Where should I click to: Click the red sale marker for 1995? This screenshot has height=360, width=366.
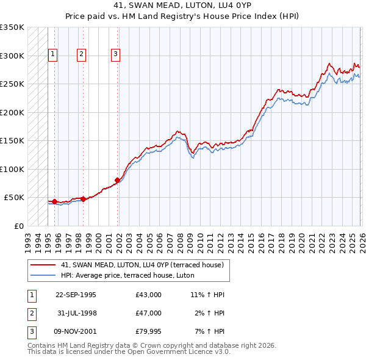click(x=54, y=201)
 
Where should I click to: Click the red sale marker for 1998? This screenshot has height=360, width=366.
click(x=83, y=199)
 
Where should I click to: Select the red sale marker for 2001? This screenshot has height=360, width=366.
click(x=117, y=180)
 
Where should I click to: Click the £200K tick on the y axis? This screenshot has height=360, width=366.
click(x=12, y=112)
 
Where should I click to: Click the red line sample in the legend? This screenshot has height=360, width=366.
click(x=43, y=265)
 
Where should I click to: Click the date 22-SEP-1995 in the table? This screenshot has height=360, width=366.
click(x=76, y=295)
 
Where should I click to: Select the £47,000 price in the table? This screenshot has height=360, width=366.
click(x=148, y=313)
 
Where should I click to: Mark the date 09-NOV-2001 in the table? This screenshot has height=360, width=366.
click(x=76, y=331)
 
